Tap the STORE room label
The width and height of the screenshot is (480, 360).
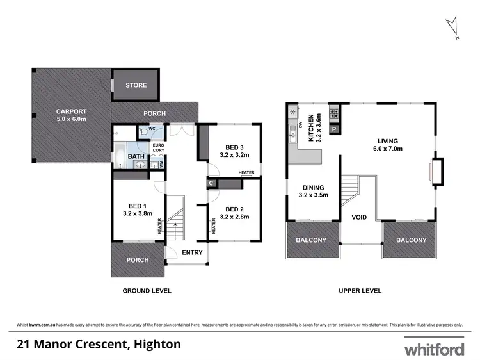pos(136,85)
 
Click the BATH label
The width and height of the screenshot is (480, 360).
pos(136,156)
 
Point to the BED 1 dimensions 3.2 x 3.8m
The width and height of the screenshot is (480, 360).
pos(137,214)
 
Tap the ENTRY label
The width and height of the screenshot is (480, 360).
pos(192,252)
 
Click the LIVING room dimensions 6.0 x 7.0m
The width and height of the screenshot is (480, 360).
pos(388,151)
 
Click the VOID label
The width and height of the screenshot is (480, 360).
pos(359,218)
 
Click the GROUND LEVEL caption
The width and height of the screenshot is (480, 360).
pos(147,290)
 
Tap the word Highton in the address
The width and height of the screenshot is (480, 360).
pos(156,345)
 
